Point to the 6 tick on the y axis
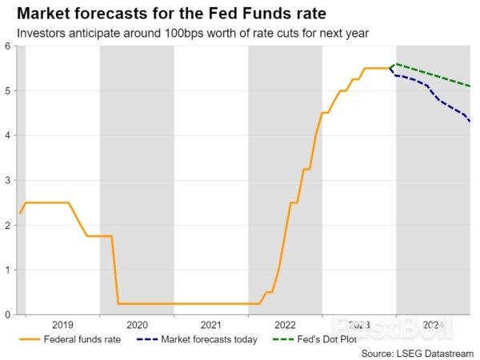coord(8,46)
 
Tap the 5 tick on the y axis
coord(8,91)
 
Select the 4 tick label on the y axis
coord(8,136)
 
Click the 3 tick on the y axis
coord(8,181)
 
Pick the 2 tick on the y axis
coord(8,226)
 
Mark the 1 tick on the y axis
coord(8,270)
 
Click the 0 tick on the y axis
coord(8,314)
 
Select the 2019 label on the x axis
coord(62,325)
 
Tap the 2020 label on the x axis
coord(137,325)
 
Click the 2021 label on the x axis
coord(210,325)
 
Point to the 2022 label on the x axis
coord(285,325)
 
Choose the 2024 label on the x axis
coord(433,325)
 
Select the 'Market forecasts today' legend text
coord(209,339)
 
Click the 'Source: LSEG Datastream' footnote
coord(418,352)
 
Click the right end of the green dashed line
coord(470,86)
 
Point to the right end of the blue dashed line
coord(470,122)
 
